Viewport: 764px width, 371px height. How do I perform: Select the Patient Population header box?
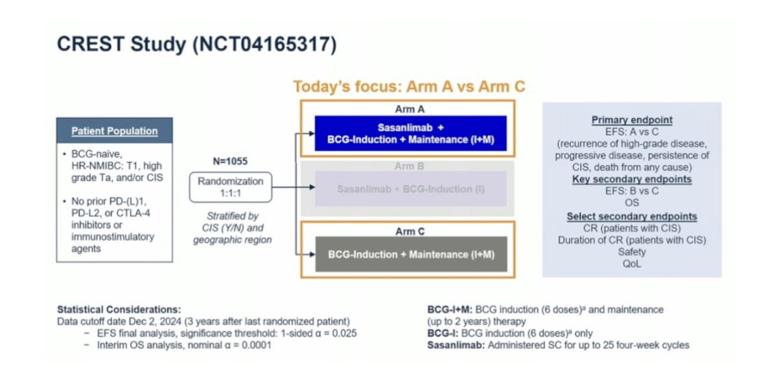pyautogui.click(x=115, y=130)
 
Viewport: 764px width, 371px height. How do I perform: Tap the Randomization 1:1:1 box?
pyautogui.click(x=231, y=187)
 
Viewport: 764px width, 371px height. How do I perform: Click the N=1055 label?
pyautogui.click(x=231, y=160)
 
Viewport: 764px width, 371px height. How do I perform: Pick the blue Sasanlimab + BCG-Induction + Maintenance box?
pyautogui.click(x=410, y=134)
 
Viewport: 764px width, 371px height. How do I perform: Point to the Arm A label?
pyautogui.click(x=410, y=110)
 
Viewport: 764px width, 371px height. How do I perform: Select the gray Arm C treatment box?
pyautogui.click(x=410, y=254)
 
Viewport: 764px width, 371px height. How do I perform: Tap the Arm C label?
pyautogui.click(x=410, y=230)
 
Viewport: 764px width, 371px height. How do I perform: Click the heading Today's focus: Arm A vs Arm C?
pyautogui.click(x=409, y=86)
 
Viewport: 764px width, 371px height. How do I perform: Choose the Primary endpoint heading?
pyautogui.click(x=631, y=120)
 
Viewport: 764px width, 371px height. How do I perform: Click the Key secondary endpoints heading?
pyautogui.click(x=631, y=179)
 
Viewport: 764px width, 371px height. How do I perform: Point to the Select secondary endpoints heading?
pyautogui.click(x=631, y=216)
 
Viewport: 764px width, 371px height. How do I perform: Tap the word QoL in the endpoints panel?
pyautogui.click(x=631, y=263)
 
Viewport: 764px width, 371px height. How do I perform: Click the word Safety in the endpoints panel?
pyautogui.click(x=631, y=252)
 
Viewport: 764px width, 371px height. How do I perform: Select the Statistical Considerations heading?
pyautogui.click(x=119, y=309)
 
